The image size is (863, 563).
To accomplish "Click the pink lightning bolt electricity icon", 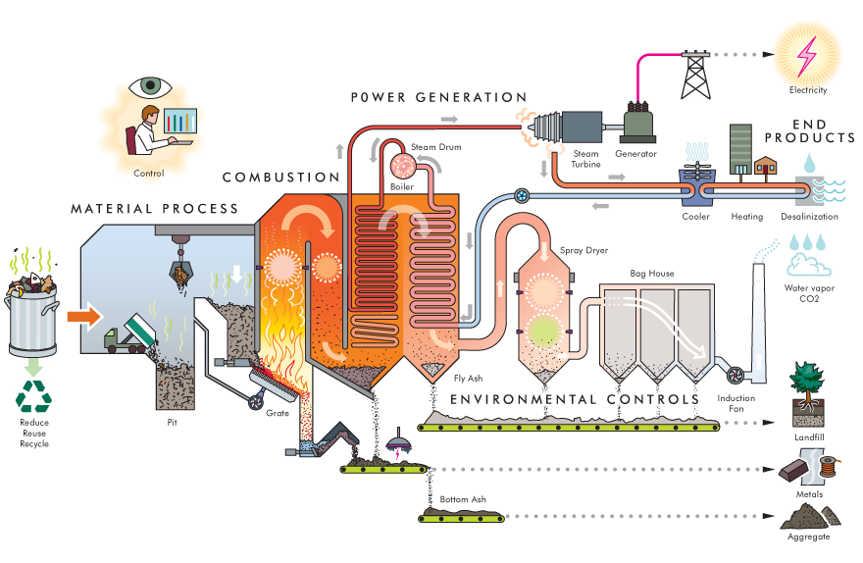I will [809, 56].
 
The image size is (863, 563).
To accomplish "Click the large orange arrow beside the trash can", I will [82, 317].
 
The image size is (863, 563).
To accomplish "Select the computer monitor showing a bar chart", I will [178, 124].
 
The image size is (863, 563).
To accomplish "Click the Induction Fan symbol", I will [731, 374].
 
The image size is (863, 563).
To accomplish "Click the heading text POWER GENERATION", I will [439, 97].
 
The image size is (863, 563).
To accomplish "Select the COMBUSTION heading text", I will [280, 178].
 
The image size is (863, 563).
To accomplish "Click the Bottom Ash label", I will [460, 500].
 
